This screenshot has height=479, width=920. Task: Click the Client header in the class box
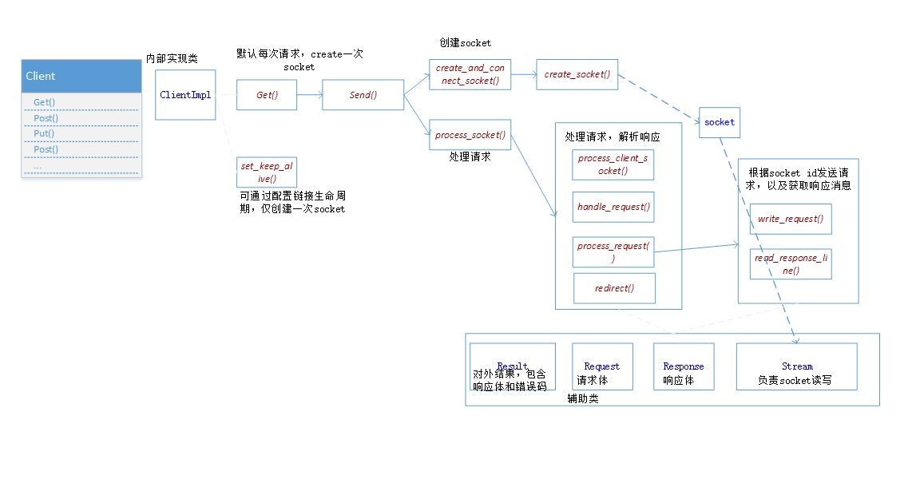[x=81, y=76]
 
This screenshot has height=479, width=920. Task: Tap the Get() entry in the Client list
[x=46, y=102]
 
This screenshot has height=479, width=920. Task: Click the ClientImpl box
[x=185, y=95]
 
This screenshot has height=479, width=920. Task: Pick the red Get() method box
[x=267, y=95]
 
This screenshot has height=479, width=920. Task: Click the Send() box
[x=363, y=95]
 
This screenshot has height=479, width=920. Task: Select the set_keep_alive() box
[x=267, y=172]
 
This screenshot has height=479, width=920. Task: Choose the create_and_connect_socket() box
[x=470, y=74]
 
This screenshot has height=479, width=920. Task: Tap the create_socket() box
[x=577, y=74]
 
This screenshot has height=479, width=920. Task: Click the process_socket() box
[x=470, y=135]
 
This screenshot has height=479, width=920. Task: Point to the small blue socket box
[x=719, y=122]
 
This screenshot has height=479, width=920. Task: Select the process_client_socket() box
[x=613, y=164]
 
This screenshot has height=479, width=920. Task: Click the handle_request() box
[x=613, y=207]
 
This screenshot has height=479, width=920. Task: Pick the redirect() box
[x=614, y=288]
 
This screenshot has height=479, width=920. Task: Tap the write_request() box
[x=790, y=219]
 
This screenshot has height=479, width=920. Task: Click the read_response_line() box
[x=790, y=264]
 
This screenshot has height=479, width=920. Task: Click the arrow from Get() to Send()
[x=309, y=95]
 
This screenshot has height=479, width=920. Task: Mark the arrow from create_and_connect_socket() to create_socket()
[x=523, y=74]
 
